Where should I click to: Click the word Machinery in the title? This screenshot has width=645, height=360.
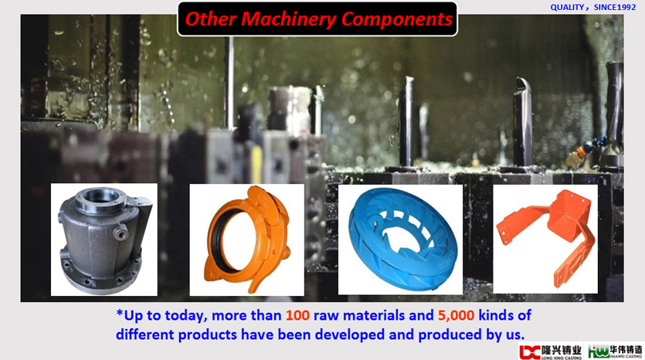coord(288,19)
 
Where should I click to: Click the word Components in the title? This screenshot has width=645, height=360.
coord(397,19)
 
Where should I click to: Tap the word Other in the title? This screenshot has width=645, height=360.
coord(210,19)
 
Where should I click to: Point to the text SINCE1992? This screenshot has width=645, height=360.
coord(615,8)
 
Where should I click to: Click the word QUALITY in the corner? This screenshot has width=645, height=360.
coord(567,8)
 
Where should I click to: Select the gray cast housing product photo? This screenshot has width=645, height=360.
coord(104,239)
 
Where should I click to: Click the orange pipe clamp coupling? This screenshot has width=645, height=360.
coord(247,239)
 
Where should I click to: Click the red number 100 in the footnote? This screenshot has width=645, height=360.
coord(297,315)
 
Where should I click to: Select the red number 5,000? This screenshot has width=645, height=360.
coord(456,315)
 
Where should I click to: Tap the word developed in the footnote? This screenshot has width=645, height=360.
coord(350,335)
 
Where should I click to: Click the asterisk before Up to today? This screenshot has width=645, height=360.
coord(119,314)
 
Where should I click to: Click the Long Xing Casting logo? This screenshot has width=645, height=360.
coord(551,352)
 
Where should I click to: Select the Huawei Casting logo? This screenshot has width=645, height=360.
coord(615,352)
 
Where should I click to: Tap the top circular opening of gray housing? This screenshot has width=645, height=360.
coord(101,195)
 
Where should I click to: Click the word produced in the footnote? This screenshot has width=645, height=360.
coord(450,335)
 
